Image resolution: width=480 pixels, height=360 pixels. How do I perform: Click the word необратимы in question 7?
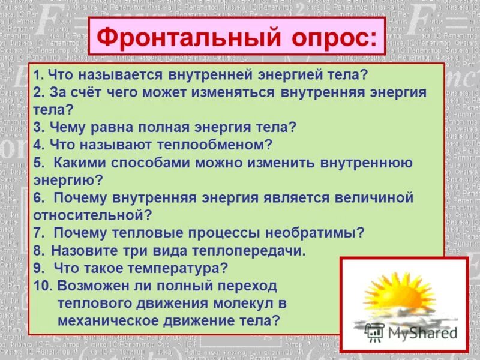tap(313, 232)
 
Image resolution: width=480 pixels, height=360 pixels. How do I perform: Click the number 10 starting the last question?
tap(42, 285)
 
